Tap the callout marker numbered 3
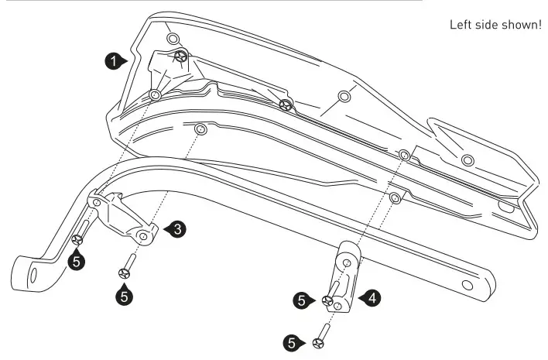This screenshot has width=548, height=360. pos(176,228)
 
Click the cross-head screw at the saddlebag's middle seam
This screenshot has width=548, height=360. pos(286,105)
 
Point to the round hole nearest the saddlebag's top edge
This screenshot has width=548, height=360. pos(173,39)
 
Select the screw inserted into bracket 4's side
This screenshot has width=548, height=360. pos(329,300)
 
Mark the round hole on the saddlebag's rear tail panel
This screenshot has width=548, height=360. pos(466,159)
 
